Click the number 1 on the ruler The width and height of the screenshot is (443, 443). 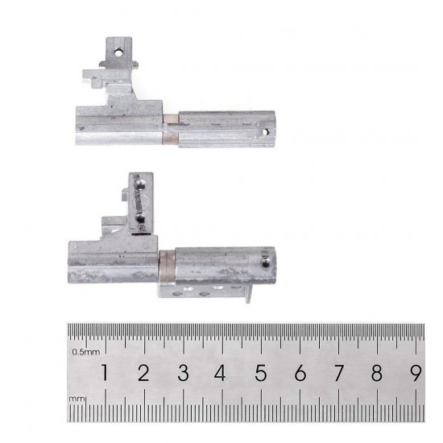pyautogui.click(x=105, y=372)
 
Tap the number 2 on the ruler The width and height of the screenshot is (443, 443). pyautogui.click(x=143, y=372)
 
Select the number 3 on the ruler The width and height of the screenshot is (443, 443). pyautogui.click(x=183, y=372)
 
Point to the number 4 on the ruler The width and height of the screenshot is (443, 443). pyautogui.click(x=220, y=372)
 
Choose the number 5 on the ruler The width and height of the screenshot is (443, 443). pyautogui.click(x=261, y=372)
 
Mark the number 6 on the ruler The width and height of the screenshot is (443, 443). pyautogui.click(x=300, y=372)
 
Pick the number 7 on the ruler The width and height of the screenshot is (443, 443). pyautogui.click(x=339, y=372)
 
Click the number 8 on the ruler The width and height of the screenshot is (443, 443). pyautogui.click(x=377, y=372)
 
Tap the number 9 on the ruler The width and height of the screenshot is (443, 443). pyautogui.click(x=416, y=372)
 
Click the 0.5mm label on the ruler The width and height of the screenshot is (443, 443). pyautogui.click(x=85, y=352)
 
